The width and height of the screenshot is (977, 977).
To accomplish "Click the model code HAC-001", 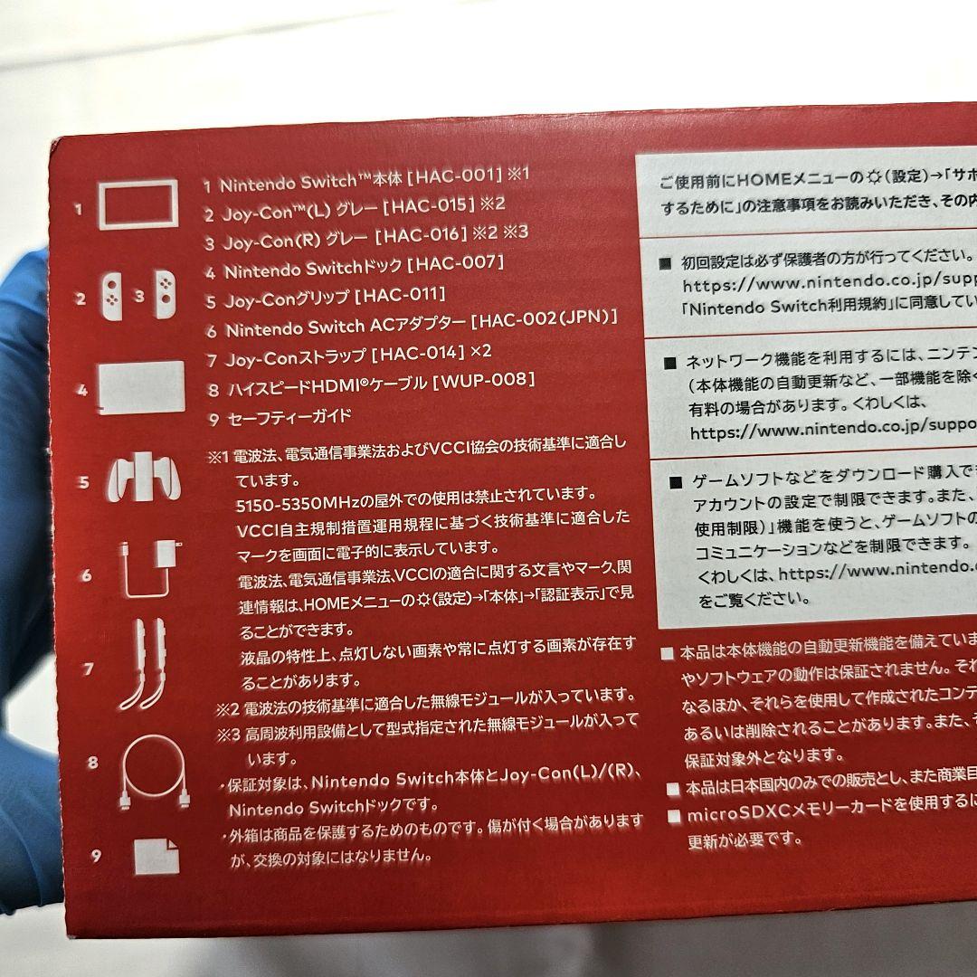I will point(452,175).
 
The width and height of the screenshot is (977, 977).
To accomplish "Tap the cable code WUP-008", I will point(485,381).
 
